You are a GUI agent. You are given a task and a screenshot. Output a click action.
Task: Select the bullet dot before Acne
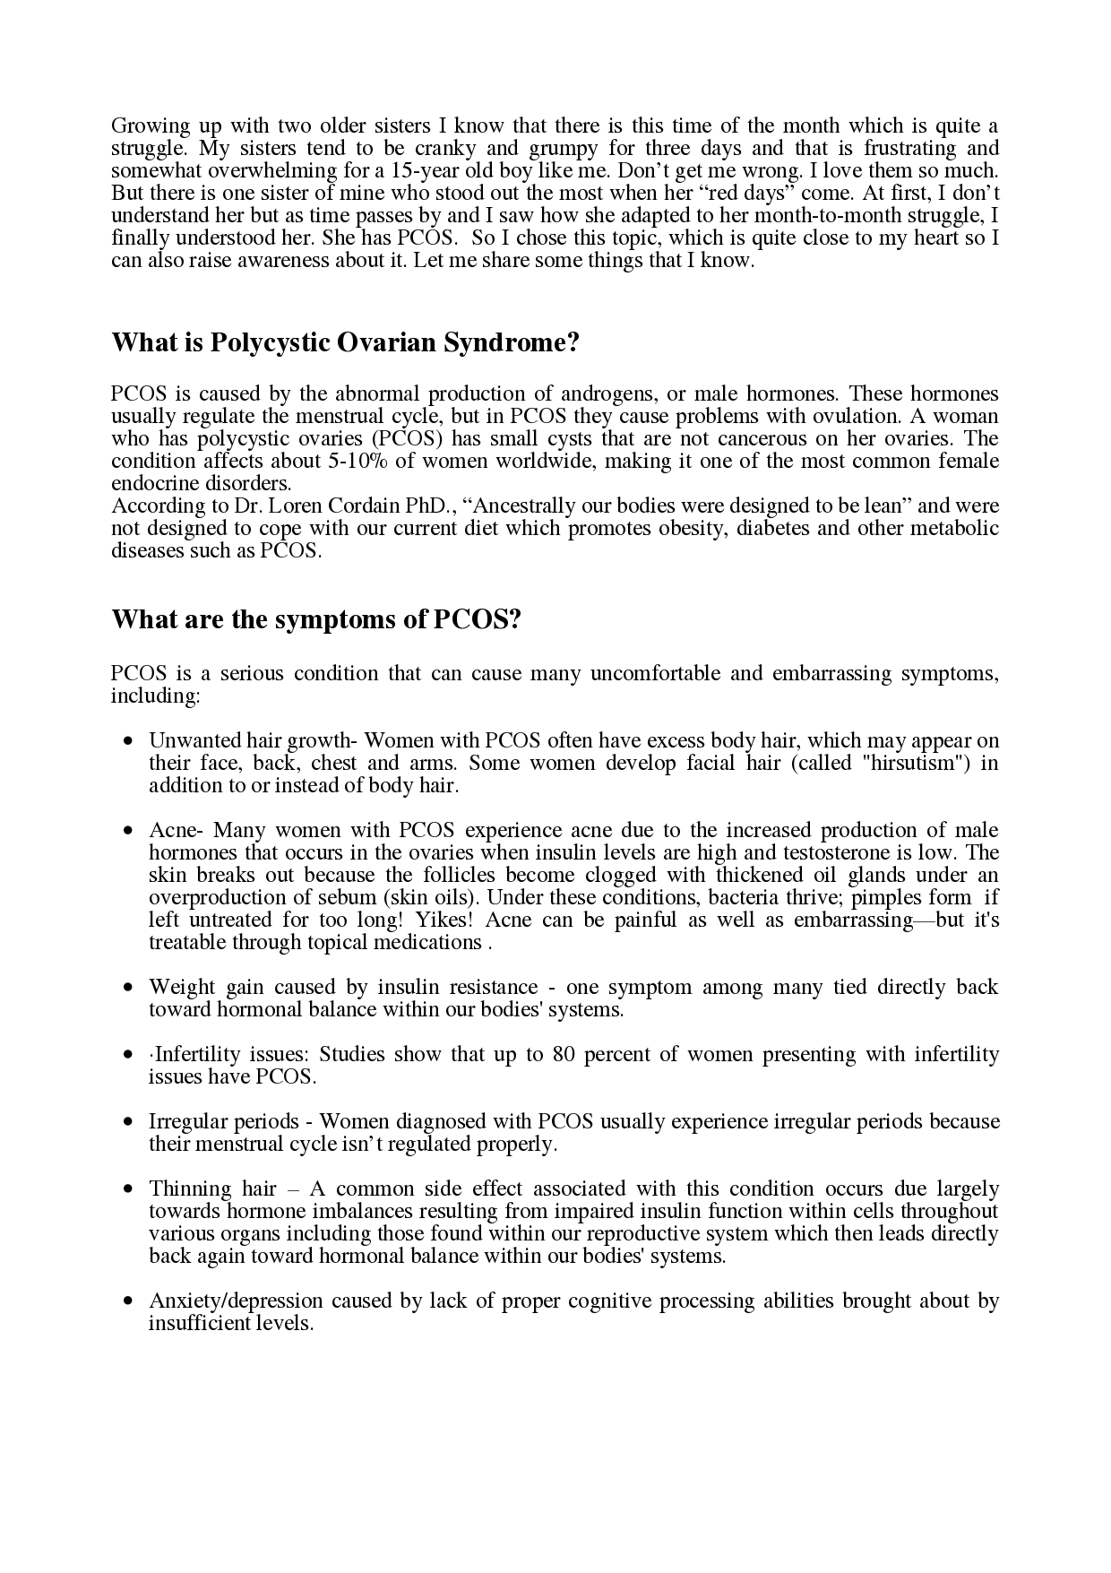tap(130, 832)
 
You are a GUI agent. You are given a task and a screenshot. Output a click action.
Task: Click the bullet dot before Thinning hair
tap(130, 1190)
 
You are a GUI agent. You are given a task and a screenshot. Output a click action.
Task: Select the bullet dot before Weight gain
tap(130, 989)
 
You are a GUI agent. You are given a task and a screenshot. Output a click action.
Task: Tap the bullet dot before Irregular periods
tap(130, 1123)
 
